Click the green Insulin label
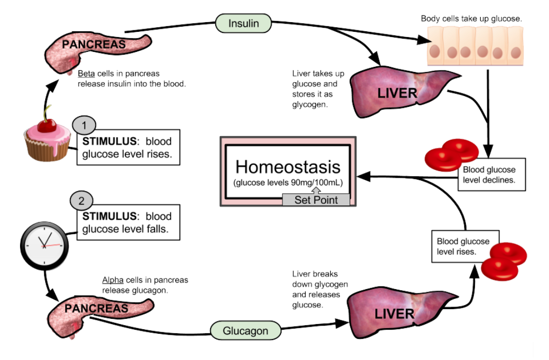(243, 23)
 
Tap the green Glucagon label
(245, 331)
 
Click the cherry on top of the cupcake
(47, 125)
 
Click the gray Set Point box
(316, 200)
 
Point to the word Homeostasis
(288, 166)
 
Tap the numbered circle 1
(84, 125)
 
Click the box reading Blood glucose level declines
(491, 175)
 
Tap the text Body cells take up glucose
(471, 18)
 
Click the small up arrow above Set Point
(316, 190)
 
